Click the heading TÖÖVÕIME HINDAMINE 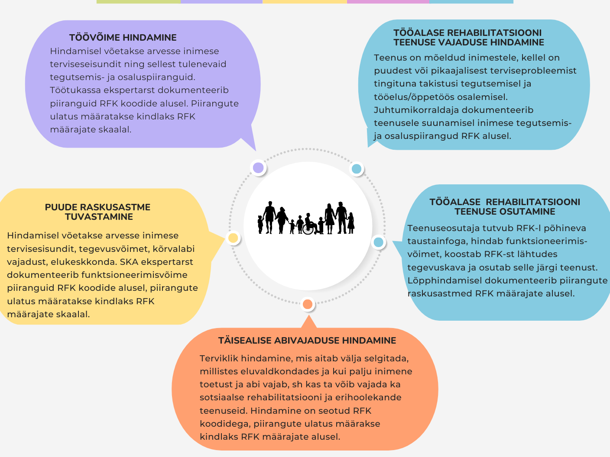coord(123,38)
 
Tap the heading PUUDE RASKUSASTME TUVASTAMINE coord(98,212)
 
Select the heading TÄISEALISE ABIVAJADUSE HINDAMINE coord(307,341)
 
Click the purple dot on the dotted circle coord(258,167)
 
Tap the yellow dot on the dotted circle coord(233,238)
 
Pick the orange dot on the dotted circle coord(307,304)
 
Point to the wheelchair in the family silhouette coord(308,228)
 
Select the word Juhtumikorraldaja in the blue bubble coord(410,110)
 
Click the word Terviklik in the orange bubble coord(219,358)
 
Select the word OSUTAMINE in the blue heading coord(522,212)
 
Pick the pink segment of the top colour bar coord(388,2)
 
